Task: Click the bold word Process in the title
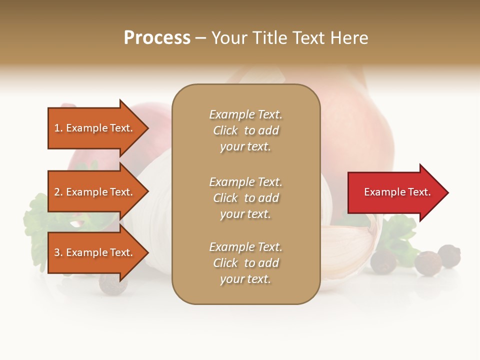coord(157,38)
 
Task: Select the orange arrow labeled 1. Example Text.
coord(95,128)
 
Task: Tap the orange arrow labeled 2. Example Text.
coord(95,192)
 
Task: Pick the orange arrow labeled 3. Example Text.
coord(95,252)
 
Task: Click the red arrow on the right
coord(395,192)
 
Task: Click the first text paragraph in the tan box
coord(245,130)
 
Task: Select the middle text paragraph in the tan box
coord(245,198)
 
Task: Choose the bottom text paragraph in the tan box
coord(245,263)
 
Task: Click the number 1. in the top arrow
coord(58,128)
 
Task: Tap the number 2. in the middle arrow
coord(58,192)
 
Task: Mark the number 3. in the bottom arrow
coord(58,252)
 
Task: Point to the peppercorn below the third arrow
coord(112,284)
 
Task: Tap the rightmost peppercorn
coord(449,255)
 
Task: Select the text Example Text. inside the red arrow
coord(397,192)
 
